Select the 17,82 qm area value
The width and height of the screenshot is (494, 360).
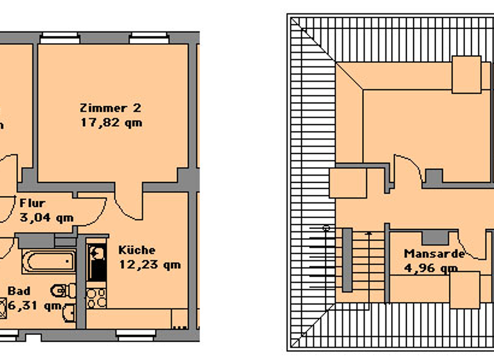[x=111, y=122]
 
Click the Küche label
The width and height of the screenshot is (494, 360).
[x=136, y=250]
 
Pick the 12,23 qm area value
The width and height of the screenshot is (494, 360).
[x=149, y=264]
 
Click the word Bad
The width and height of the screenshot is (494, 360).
[x=19, y=291]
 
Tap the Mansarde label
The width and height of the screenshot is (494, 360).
[x=434, y=253]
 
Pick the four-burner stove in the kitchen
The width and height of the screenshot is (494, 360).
[x=96, y=297]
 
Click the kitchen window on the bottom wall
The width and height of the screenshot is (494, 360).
[x=136, y=334]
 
